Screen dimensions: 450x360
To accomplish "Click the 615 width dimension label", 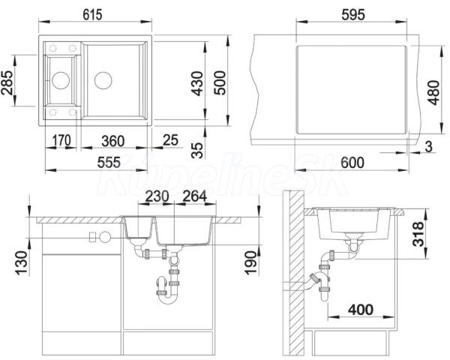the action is [92, 15].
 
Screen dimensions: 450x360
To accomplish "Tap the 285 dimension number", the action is [7, 82].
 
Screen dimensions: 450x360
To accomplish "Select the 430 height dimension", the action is [197, 83].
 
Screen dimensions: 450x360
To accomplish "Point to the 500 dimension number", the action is [220, 82].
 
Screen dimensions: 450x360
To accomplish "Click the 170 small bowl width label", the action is [61, 141].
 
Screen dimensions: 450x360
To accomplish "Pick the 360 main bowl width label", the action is [113, 141].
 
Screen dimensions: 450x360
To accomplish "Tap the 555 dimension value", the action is [109, 163].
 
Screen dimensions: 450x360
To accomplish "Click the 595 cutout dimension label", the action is [353, 15].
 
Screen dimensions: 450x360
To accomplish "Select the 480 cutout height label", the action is [433, 92].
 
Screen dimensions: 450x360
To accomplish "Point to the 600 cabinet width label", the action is [352, 163].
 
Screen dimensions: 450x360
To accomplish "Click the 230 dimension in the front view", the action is [157, 196].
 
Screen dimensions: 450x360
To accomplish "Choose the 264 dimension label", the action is [194, 196].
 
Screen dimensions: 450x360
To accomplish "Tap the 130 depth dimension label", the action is [22, 263].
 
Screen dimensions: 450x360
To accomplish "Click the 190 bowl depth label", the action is [250, 263].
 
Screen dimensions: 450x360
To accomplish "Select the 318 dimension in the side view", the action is [418, 234].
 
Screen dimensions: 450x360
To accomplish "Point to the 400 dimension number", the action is [361, 310].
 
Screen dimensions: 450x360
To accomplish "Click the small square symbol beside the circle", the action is [93, 237].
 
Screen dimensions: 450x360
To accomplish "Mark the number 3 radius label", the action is [428, 146].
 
